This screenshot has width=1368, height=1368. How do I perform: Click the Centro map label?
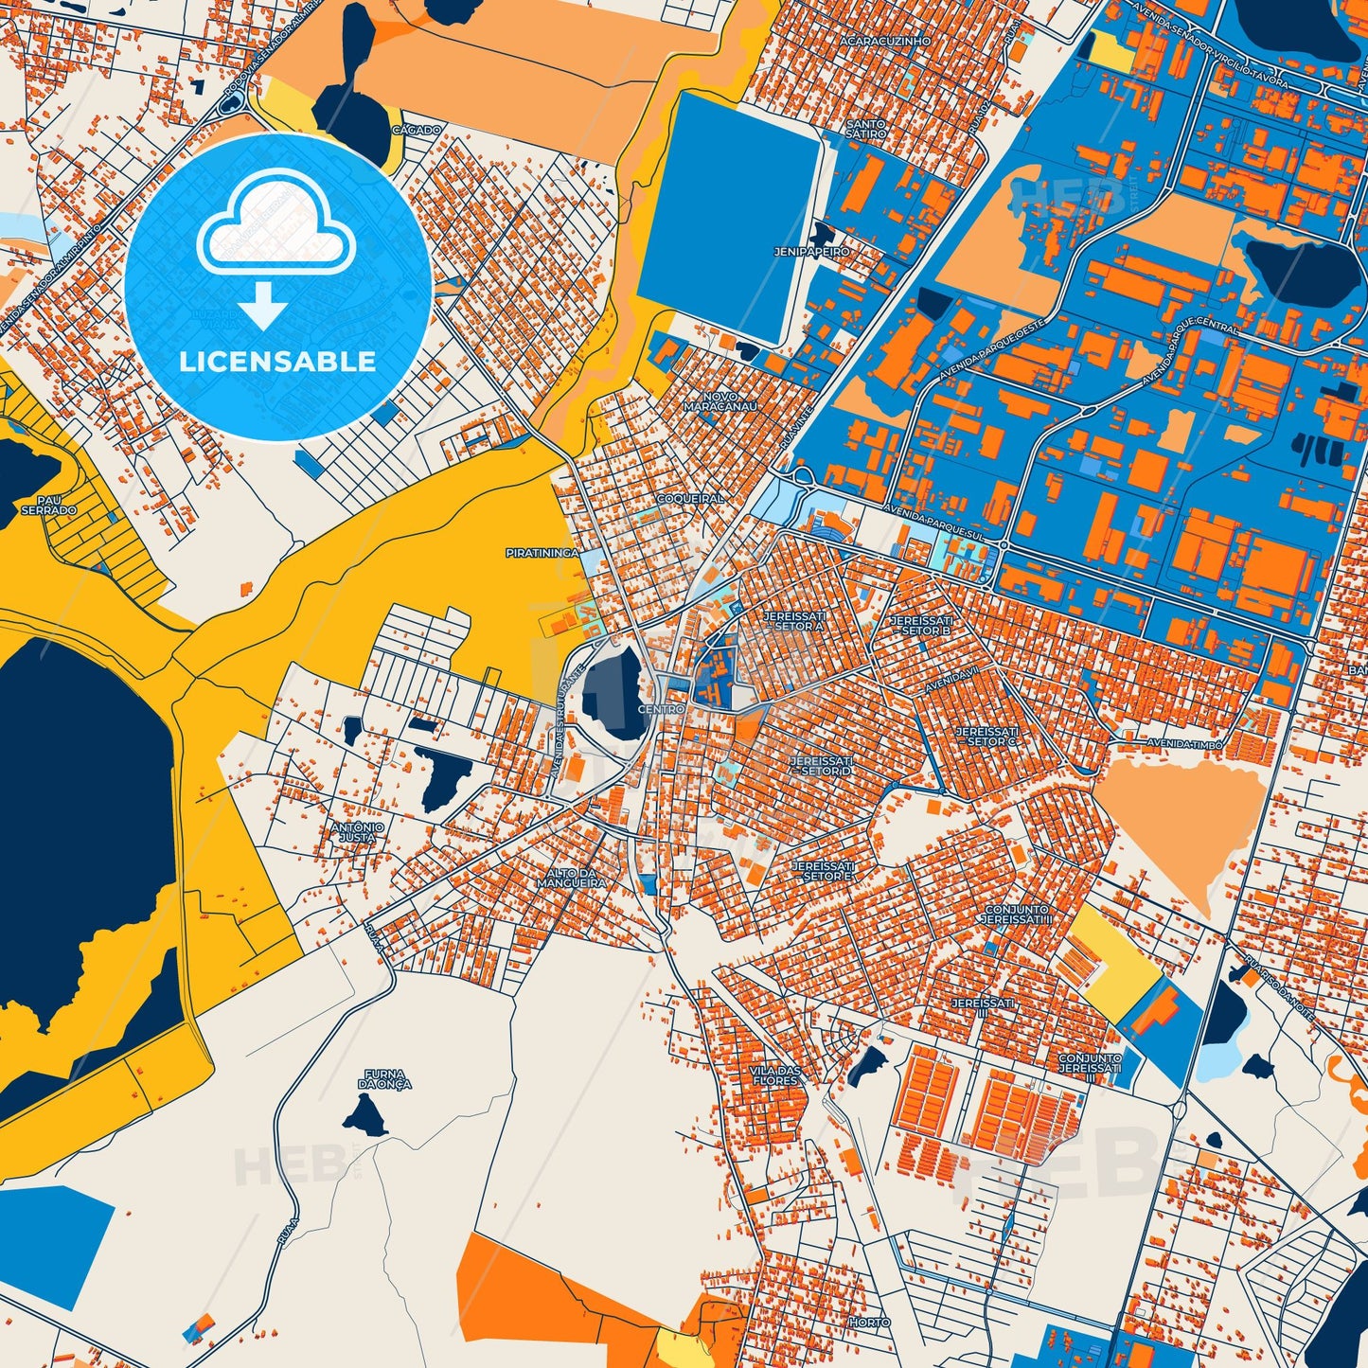[661, 709]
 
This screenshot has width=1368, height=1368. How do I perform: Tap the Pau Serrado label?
[48, 505]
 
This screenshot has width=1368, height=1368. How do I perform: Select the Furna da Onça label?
[384, 1078]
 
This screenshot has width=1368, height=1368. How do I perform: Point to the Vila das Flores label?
[775, 1075]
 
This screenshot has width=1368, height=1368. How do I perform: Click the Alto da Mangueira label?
[571, 878]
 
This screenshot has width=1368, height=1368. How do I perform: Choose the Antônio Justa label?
[358, 832]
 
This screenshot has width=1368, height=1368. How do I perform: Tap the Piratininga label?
[542, 552]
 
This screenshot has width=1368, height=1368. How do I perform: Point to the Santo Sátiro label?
[865, 129]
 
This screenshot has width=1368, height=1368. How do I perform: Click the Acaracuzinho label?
[873, 43]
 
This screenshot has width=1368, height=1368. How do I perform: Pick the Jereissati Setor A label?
[793, 620]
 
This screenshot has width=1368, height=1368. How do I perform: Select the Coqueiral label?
[689, 498]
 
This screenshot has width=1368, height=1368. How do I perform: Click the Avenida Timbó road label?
[1185, 744]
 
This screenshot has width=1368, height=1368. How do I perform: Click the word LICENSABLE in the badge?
[278, 362]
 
